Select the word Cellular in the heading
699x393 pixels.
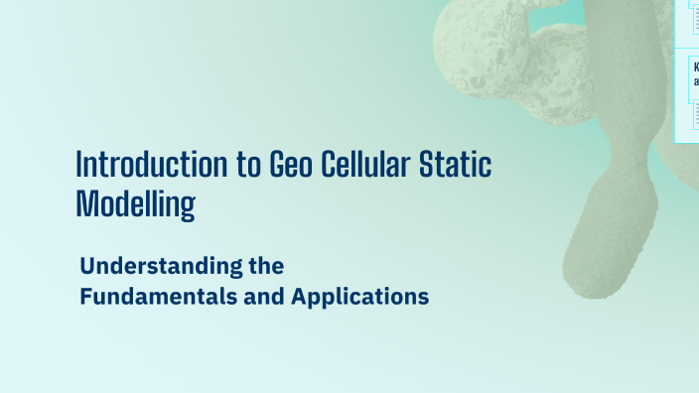pyautogui.click(x=369, y=164)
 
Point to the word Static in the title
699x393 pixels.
pyautogui.click(x=460, y=164)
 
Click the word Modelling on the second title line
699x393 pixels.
pyautogui.click(x=135, y=202)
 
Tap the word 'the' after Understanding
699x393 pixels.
pyautogui.click(x=263, y=266)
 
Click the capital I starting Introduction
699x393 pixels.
pyautogui.click(x=79, y=164)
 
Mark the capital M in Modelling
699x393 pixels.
pyautogui.click(x=85, y=202)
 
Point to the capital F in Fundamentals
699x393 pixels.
pyautogui.click(x=85, y=296)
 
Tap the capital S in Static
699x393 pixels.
pyautogui.click(x=434, y=164)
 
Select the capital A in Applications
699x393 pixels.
pyautogui.click(x=300, y=296)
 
